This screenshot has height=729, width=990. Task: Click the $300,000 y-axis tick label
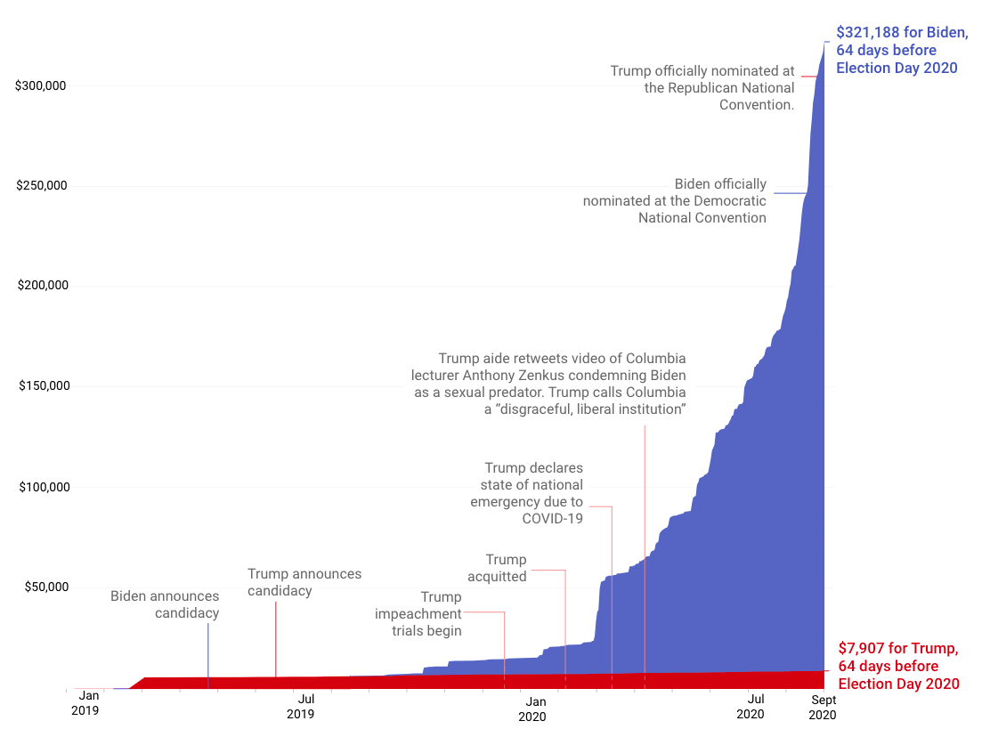[42, 85]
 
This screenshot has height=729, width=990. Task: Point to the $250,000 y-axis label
[42, 186]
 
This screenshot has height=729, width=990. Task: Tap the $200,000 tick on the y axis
[42, 286]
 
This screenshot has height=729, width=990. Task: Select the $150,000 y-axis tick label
[42, 386]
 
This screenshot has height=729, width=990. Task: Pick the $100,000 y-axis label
[42, 487]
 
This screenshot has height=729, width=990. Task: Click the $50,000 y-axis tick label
[45, 587]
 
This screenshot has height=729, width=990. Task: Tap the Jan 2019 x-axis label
[85, 703]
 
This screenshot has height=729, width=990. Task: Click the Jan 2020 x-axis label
[532, 709]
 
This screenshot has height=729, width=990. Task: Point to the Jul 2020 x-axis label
[750, 706]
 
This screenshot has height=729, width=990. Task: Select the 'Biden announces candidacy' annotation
[165, 604]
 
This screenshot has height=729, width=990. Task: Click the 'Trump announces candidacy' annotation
[304, 582]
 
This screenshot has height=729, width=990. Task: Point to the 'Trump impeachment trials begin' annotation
[418, 614]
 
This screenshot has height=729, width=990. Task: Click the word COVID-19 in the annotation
[552, 518]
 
